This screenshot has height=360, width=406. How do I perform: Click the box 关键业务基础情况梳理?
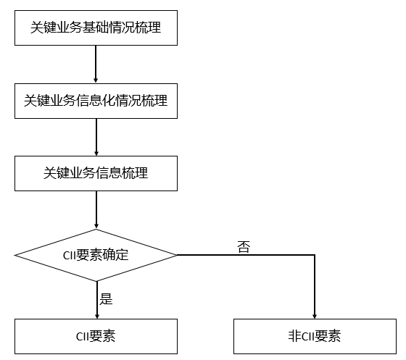click(96, 28)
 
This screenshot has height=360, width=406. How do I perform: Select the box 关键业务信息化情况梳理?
click(96, 101)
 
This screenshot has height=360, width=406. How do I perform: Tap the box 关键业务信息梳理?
click(96, 173)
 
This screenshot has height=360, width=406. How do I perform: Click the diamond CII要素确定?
click(96, 255)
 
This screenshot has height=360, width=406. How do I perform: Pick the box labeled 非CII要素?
click(314, 336)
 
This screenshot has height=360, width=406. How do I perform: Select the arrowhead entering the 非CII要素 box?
click(314, 314)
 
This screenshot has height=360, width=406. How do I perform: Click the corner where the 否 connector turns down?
click(314, 255)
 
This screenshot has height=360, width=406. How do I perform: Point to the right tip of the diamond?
click(176, 255)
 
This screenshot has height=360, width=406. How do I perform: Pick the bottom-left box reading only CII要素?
click(96, 336)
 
